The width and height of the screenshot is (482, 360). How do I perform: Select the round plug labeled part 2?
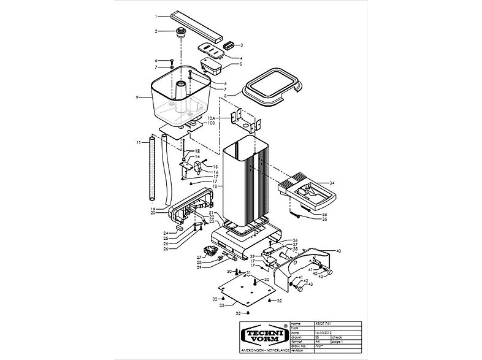click(182, 32)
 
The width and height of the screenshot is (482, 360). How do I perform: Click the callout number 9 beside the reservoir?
click(138, 97)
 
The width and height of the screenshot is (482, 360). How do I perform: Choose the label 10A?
click(210, 117)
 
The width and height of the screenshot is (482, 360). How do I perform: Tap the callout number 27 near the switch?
click(199, 257)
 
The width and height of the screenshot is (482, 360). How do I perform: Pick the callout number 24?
click(166, 234)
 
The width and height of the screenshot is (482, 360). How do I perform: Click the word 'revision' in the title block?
click(298, 351)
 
